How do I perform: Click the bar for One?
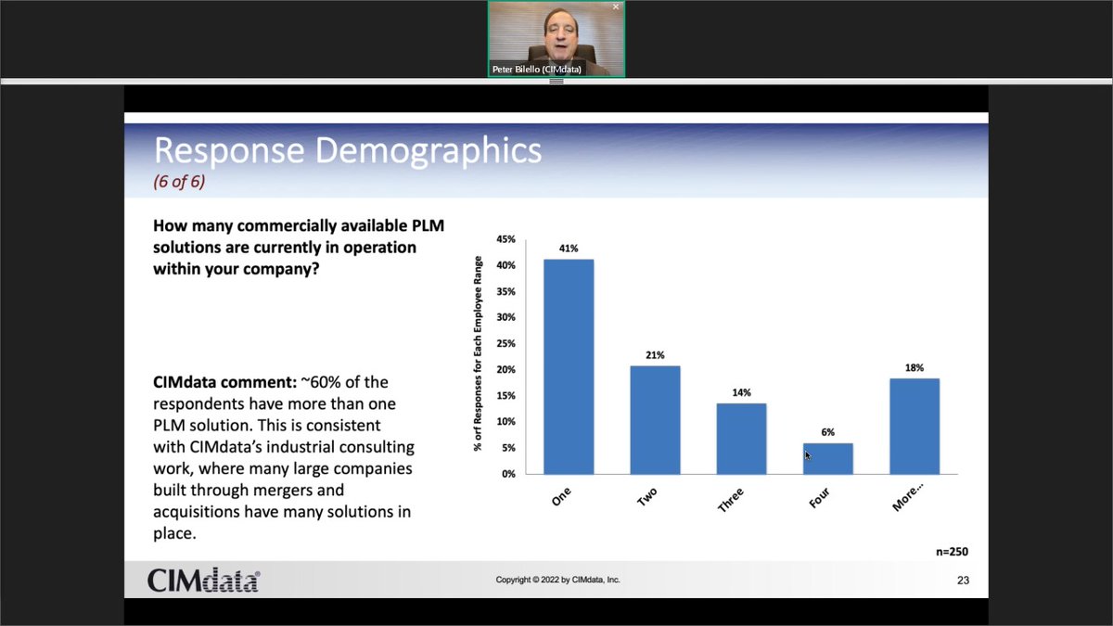(x=569, y=366)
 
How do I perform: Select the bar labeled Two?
(x=655, y=419)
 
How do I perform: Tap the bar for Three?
(x=741, y=438)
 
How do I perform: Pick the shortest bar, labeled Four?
(x=828, y=458)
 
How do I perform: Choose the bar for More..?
(x=915, y=427)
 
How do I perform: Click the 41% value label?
(x=569, y=249)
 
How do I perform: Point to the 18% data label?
(x=915, y=367)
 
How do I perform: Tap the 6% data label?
(x=828, y=432)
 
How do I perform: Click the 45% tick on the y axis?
(x=506, y=239)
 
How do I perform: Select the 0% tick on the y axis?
(x=509, y=474)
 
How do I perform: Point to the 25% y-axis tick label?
(x=506, y=343)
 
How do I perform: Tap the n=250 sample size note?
(x=952, y=552)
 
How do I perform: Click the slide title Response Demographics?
(x=347, y=149)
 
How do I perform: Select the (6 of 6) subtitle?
(x=179, y=182)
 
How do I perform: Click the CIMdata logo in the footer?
(x=203, y=581)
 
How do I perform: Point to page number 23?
(x=963, y=581)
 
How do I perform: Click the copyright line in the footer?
(x=557, y=580)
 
